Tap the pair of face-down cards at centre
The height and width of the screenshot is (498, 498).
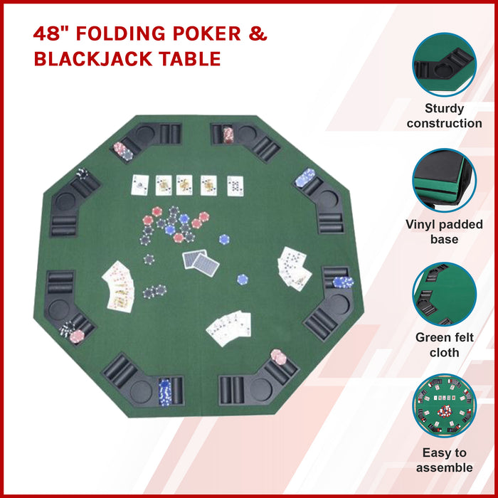201,263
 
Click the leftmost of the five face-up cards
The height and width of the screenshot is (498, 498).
140,186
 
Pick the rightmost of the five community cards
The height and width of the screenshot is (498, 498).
235,186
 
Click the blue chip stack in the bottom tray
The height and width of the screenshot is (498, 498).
165,390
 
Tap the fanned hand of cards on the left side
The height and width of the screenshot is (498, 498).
120,286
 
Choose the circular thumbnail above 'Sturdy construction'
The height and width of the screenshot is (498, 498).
445,65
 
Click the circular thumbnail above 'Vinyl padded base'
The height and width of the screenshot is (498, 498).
445,181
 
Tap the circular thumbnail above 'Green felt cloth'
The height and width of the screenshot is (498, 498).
445,295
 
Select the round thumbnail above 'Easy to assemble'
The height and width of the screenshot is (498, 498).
445,408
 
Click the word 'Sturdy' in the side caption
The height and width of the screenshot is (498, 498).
445,109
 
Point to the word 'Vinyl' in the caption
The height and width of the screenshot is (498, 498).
424,225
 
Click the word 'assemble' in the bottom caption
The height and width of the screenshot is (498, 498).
445,467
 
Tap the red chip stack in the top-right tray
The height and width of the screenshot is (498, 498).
228,134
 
